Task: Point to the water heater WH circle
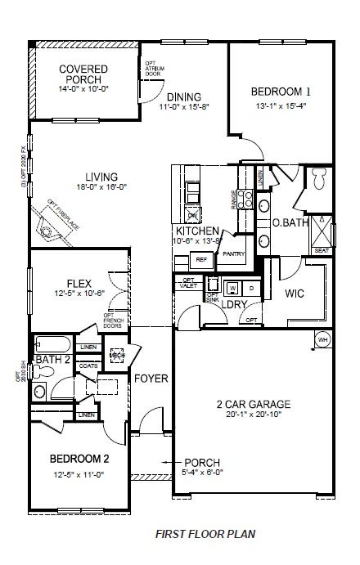click(323, 339)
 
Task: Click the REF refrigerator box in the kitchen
click(200, 260)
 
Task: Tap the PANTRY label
click(233, 254)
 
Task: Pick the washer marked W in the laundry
click(232, 289)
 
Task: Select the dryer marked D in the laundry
click(250, 289)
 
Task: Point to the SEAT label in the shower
click(322, 250)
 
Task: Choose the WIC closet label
click(295, 293)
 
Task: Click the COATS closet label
click(88, 365)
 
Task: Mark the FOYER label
click(152, 379)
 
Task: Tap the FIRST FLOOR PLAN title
click(205, 533)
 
